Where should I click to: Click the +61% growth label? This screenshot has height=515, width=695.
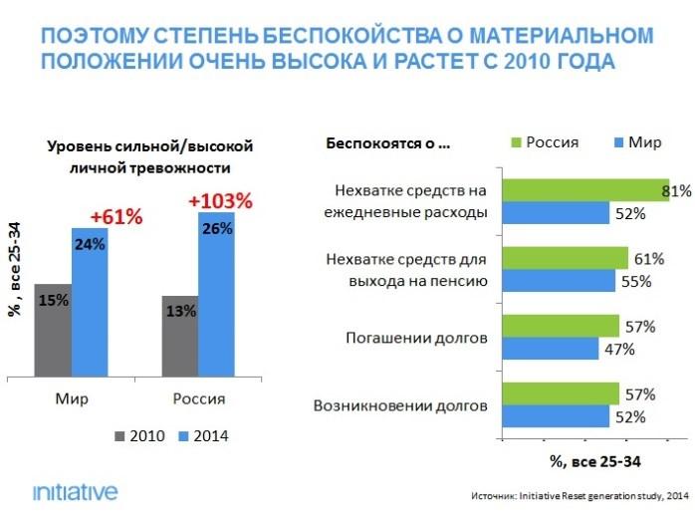[x=116, y=216]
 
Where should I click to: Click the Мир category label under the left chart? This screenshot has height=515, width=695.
[x=71, y=398]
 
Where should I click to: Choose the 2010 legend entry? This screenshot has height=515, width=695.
[x=140, y=435]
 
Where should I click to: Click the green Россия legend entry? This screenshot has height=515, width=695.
[x=544, y=141]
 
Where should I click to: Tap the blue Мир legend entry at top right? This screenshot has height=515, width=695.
[x=637, y=141]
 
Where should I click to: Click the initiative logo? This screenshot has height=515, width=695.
[x=75, y=490]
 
